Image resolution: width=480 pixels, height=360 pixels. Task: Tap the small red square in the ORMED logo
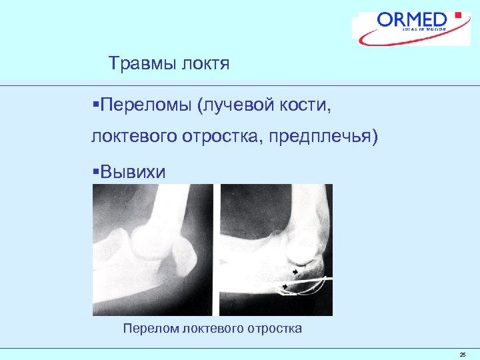(x=457, y=14)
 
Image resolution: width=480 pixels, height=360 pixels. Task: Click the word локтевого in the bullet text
(x=133, y=137)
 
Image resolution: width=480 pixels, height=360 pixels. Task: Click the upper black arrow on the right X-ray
(x=295, y=271)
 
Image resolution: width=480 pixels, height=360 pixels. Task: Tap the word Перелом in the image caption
(x=151, y=328)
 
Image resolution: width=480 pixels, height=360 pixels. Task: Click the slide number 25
(x=462, y=355)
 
